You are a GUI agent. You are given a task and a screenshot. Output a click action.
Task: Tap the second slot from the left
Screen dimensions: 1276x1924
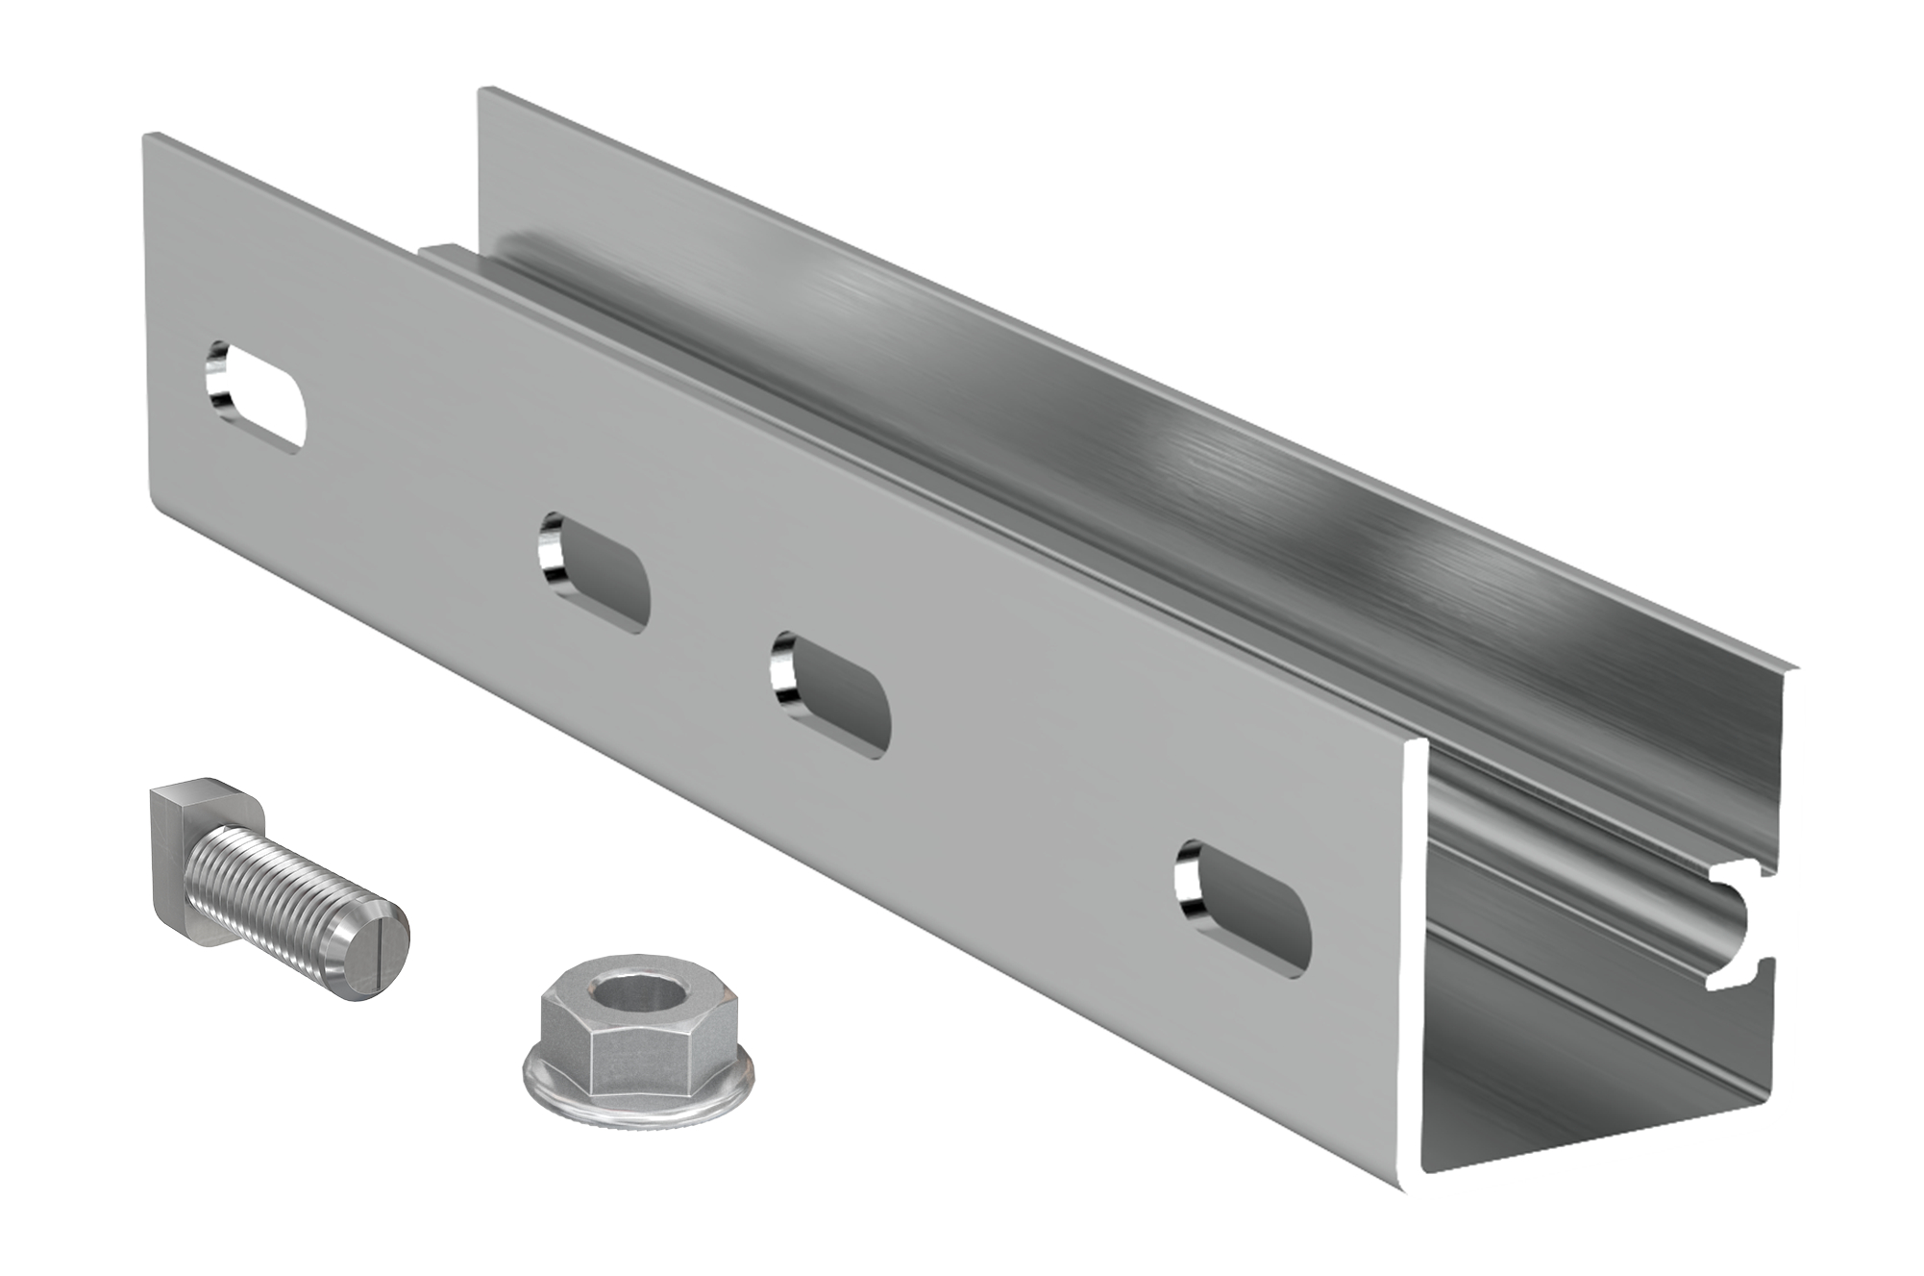pos(593,573)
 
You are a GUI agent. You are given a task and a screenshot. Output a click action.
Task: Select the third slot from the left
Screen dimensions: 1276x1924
pos(830,694)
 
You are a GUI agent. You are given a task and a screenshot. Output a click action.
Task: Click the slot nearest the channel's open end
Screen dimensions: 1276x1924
pos(1243,908)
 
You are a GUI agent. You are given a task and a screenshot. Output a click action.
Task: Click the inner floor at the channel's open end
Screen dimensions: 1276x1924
pos(1576,1135)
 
